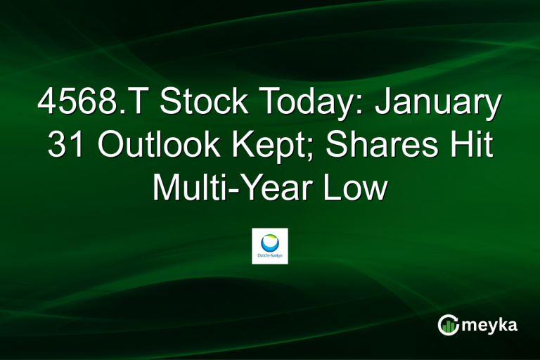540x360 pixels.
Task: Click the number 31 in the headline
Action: pyautogui.click(x=66, y=148)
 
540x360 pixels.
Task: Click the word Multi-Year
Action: pyautogui.click(x=235, y=189)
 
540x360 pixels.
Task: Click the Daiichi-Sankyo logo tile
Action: pyautogui.click(x=269, y=245)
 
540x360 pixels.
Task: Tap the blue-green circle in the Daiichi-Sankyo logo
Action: pyautogui.click(x=269, y=241)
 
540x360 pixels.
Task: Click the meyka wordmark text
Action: pyautogui.click(x=491, y=325)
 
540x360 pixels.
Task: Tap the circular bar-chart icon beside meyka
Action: pyautogui.click(x=448, y=325)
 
